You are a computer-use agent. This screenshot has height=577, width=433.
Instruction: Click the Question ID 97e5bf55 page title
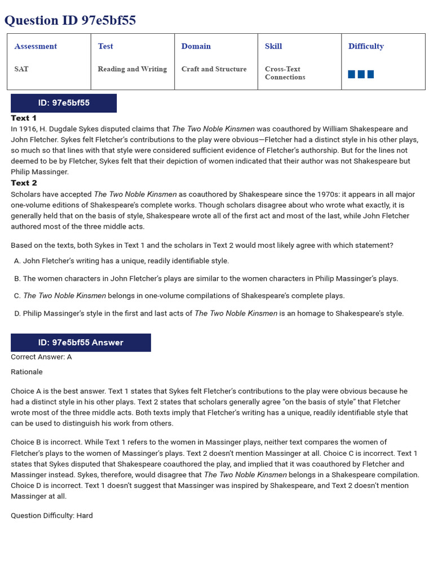tap(70, 21)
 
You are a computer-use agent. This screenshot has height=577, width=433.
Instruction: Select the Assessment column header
tap(36, 46)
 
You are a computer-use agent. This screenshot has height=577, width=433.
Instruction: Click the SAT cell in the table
tap(21, 69)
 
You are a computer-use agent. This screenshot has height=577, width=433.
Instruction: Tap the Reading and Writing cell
tap(132, 69)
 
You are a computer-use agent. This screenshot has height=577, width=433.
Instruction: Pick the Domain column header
tap(196, 46)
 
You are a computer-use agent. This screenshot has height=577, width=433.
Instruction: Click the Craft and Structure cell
tap(214, 69)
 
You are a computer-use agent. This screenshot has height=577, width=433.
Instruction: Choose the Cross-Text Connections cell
tap(285, 73)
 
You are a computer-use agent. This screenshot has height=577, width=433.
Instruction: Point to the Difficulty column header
tap(366, 46)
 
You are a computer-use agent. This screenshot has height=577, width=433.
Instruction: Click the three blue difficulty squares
tap(361, 74)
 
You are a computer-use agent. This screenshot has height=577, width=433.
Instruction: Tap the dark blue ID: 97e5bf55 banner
tap(64, 103)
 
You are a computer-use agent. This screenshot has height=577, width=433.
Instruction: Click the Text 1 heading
tap(24, 118)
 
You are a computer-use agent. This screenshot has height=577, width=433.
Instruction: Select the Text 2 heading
tap(24, 183)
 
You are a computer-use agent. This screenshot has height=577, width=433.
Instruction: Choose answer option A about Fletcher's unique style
tap(122, 261)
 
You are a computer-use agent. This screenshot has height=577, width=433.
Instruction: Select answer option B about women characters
tap(206, 278)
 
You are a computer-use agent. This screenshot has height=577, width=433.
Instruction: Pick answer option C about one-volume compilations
tap(180, 296)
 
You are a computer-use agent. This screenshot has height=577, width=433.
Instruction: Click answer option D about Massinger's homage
tap(209, 313)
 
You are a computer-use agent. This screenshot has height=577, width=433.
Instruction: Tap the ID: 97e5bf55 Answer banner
tap(81, 343)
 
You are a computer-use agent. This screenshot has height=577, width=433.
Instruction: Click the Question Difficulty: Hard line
tap(52, 516)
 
